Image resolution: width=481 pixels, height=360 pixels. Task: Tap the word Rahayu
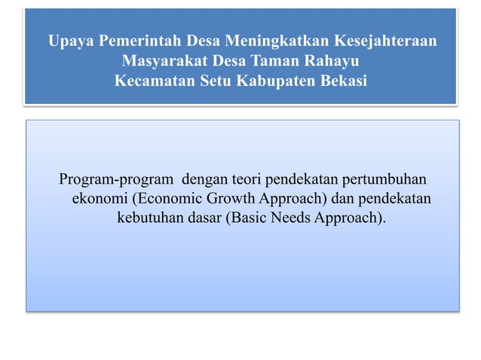point(330,60)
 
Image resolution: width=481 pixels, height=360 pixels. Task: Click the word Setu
point(216,80)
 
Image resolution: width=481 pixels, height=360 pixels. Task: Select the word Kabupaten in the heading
point(276,80)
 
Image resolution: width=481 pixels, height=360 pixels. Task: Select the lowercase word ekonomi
point(98,200)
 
